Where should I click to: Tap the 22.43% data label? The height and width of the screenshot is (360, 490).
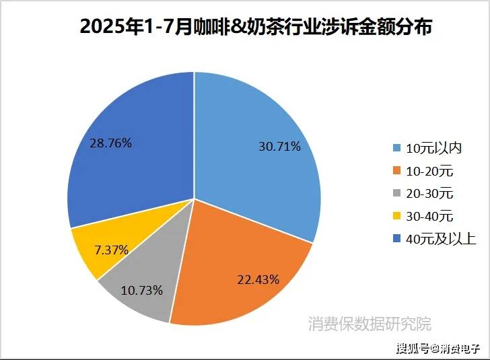(x=258, y=279)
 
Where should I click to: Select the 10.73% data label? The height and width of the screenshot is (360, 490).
(x=141, y=290)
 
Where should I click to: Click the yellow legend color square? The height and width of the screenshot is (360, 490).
(x=398, y=217)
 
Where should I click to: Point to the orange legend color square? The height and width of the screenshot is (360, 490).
(x=398, y=171)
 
